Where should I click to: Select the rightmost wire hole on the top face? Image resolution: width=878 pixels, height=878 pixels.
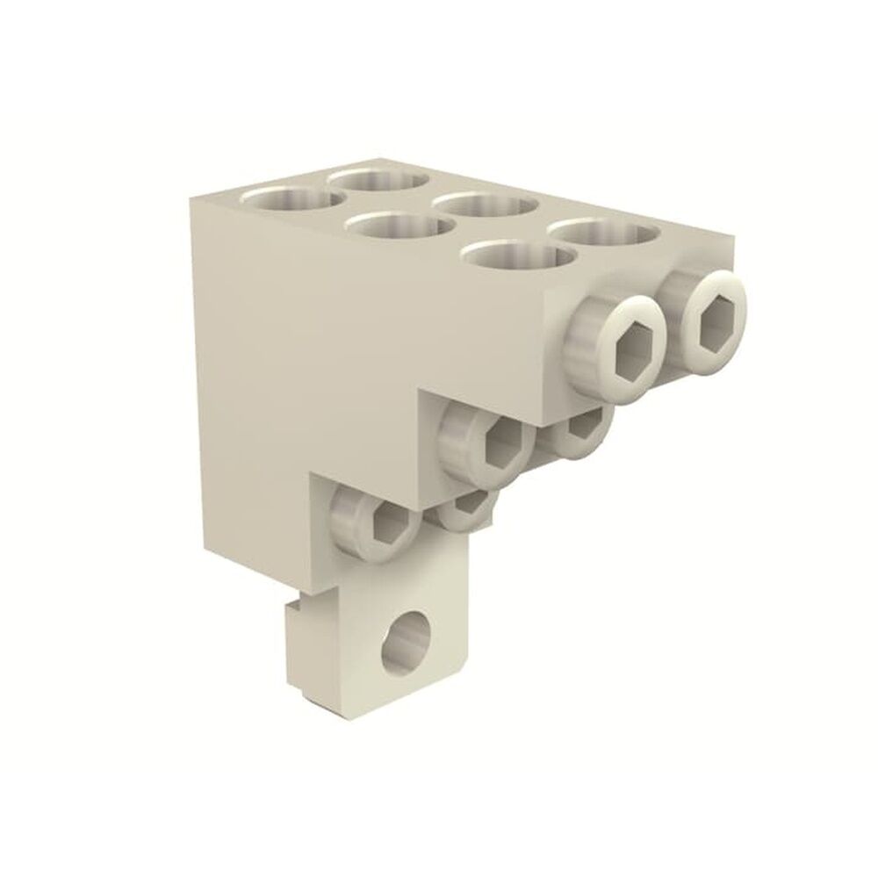point(606,234)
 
